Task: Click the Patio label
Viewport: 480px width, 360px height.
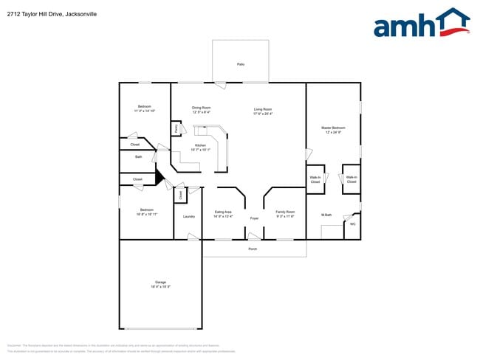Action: [x=240, y=64]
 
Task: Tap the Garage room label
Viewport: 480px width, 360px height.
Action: [x=160, y=283]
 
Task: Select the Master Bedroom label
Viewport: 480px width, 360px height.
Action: [x=334, y=128]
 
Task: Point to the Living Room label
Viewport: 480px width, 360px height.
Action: [x=263, y=109]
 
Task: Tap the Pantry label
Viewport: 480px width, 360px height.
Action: [x=176, y=128]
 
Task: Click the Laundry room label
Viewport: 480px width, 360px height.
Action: [x=188, y=216]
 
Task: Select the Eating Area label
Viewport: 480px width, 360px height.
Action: [x=223, y=212]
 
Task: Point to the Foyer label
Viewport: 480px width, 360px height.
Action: [x=254, y=219]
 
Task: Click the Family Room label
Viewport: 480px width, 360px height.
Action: [x=285, y=212]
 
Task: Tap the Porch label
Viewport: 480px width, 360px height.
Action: [x=253, y=249]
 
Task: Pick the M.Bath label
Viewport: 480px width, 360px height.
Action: [x=326, y=215]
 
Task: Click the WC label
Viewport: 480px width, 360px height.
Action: [x=352, y=224]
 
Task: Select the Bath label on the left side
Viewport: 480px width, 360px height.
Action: [x=138, y=157]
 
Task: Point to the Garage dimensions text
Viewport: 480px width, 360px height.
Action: [x=160, y=287]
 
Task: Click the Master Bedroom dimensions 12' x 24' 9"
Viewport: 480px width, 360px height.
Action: [x=334, y=132]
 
